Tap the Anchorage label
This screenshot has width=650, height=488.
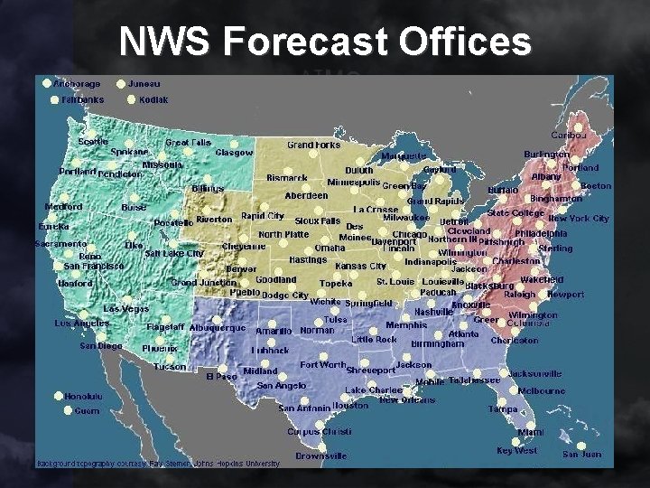pos(77,84)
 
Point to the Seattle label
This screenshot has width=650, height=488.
pos(92,141)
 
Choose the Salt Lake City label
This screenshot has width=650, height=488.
pos(173,254)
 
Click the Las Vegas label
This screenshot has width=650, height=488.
pos(125,309)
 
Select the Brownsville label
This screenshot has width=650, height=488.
pos(320,456)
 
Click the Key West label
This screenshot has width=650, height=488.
pos(516,450)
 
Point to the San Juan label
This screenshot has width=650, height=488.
pos(581,454)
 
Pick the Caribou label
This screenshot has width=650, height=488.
pos(569,135)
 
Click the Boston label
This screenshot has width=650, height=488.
pos(595,186)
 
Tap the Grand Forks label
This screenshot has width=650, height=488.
pos(313,145)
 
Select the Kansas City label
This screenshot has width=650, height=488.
pos(360,267)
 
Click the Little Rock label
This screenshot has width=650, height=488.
pos(374,339)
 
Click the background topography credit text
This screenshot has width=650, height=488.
pos(158,464)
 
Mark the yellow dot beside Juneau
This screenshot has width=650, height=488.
pos(120,84)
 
